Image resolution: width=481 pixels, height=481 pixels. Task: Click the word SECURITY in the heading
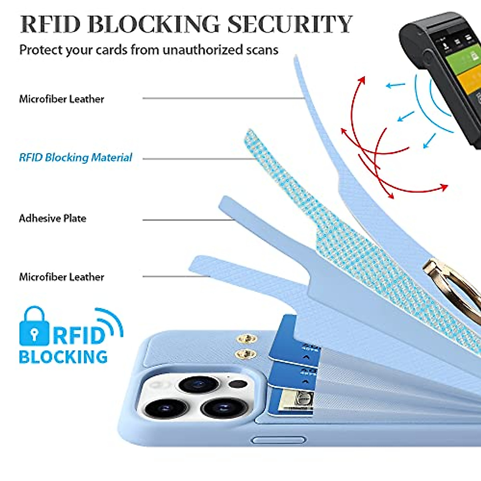click(290, 24)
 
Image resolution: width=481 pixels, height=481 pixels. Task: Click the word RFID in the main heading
click(51, 24)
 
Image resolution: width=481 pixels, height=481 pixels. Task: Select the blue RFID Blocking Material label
click(75, 158)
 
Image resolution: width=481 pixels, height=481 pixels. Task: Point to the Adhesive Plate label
click(53, 218)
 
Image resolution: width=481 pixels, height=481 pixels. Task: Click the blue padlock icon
click(34, 327)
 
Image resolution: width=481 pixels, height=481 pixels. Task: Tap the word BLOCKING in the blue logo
click(63, 357)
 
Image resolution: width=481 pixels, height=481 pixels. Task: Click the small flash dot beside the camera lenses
click(238, 384)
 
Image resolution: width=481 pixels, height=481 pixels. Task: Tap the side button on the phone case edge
click(278, 441)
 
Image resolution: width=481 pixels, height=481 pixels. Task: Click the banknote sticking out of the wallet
click(296, 401)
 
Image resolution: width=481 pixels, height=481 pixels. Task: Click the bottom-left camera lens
click(166, 408)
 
